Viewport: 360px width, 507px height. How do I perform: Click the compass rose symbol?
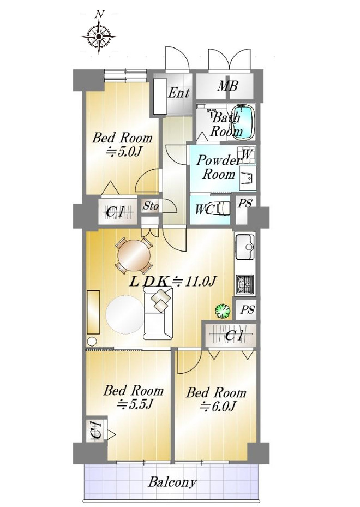pos(99,36)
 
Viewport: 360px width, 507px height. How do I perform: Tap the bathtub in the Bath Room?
pos(243,122)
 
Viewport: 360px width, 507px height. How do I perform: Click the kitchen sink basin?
pos(245,247)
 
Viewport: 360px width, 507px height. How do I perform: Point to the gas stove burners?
pos(244,284)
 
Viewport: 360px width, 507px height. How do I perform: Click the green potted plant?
pos(223,311)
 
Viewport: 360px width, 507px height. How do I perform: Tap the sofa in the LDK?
pos(158,313)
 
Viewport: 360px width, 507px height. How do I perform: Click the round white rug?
pos(124,314)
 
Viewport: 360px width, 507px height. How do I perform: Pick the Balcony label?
pos(172,482)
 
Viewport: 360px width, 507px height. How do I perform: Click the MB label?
pos(227,86)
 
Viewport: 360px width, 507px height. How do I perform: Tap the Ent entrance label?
pos(179,93)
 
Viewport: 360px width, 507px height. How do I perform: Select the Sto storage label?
pos(151,206)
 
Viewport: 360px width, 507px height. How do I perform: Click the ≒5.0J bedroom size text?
pos(124,152)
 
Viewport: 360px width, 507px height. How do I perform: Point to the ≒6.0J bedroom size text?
pos(217,406)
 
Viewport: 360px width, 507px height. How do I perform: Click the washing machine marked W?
pos(247,155)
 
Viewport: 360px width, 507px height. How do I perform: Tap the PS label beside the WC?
pos(245,204)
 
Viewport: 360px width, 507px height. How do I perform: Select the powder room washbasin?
pos(248,178)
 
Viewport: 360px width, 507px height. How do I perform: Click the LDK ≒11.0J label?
pos(172,281)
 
